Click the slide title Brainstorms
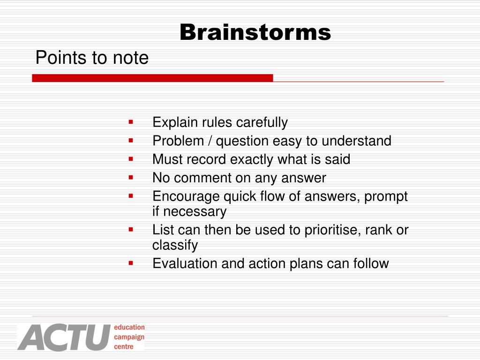tap(255, 32)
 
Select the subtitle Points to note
tap(92, 57)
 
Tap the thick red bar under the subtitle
tap(152, 78)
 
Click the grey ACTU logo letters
tap(64, 337)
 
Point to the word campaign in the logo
tap(129, 337)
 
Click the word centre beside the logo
tap(124, 347)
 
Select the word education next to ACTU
tap(129, 327)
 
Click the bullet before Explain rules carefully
tap(131, 122)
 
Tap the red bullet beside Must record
tap(131, 159)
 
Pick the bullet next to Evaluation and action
tap(131, 263)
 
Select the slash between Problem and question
tap(210, 141)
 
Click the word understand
tap(356, 141)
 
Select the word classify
tap(175, 245)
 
